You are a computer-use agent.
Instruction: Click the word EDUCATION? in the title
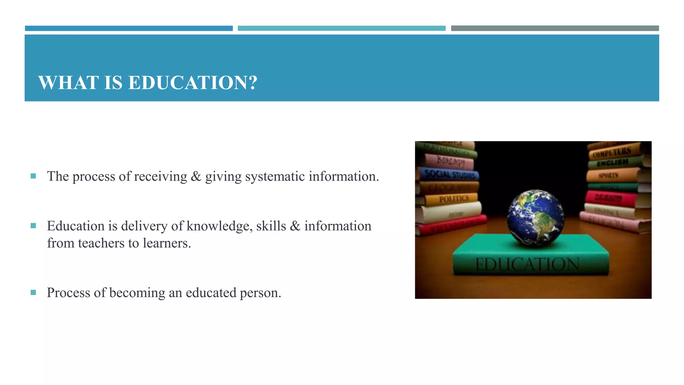coord(193,83)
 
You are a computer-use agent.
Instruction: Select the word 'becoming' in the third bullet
coord(137,293)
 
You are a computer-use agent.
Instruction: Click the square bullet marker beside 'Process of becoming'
coord(33,293)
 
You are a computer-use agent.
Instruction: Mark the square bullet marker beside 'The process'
coord(33,176)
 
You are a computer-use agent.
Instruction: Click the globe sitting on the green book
coord(535,218)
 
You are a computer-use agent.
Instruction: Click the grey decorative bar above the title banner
coord(555,28)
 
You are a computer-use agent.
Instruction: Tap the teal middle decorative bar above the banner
coord(341,28)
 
